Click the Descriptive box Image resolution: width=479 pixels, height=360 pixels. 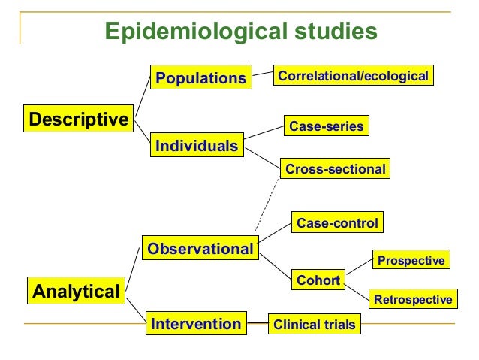coord(78,119)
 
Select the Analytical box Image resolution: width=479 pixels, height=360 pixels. coord(76,291)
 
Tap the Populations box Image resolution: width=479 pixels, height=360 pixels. coord(200,78)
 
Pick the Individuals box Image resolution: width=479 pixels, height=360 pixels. coord(197,145)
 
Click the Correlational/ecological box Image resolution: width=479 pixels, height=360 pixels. coord(353,76)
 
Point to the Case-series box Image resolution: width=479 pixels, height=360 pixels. coord(327,126)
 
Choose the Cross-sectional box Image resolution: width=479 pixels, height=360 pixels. coord(335,169)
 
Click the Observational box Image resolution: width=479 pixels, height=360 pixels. coord(200,248)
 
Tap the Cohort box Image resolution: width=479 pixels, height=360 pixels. coord(318,280)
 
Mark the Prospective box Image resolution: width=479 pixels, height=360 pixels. coord(411,260)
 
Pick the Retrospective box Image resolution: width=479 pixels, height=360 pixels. coord(413,300)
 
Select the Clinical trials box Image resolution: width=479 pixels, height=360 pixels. coord(315,325)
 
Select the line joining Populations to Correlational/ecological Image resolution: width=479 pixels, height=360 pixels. coord(261,75)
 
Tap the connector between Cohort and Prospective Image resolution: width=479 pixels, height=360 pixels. coord(358,271)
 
